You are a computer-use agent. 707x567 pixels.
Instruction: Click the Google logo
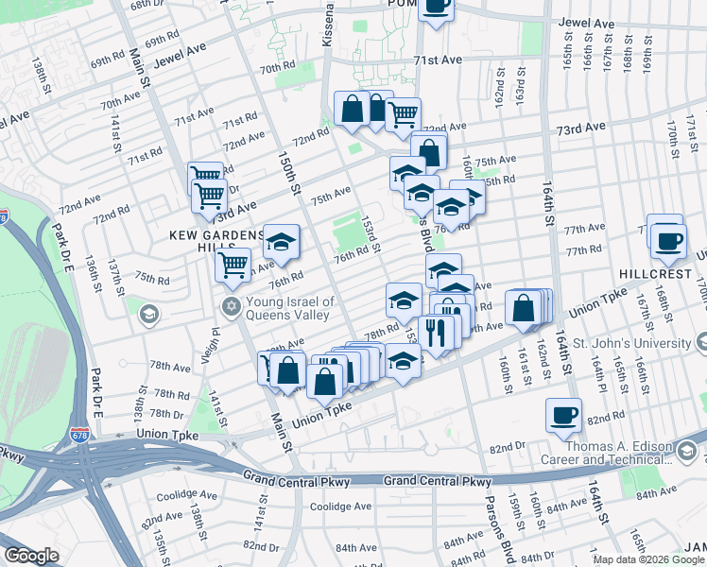pos(32,556)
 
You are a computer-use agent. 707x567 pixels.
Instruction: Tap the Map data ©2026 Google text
pos(647,559)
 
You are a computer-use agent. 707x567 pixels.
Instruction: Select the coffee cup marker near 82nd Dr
pos(564,416)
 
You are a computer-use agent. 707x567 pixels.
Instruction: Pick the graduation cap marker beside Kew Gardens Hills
pos(281,242)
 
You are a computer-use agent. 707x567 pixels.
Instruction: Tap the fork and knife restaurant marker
pos(436,333)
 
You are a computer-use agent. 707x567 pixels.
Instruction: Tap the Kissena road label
pos(329,26)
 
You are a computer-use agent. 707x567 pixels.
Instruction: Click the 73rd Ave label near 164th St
pos(579,128)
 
